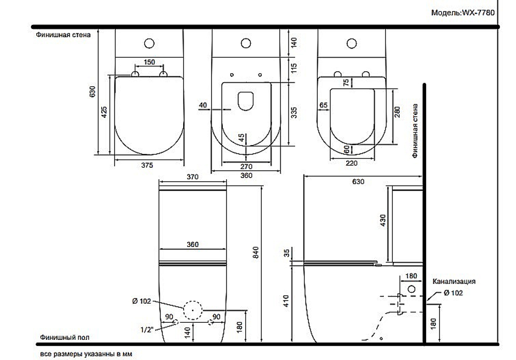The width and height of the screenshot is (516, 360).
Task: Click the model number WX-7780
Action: tap(478, 13)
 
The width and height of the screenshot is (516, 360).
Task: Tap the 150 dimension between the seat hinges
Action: tap(149, 62)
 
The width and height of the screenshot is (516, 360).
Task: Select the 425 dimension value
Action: tap(104, 112)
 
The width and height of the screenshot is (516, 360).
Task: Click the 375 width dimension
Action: tap(147, 165)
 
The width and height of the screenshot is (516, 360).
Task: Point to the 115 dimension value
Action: tap(294, 68)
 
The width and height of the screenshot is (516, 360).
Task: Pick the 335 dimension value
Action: tap(294, 112)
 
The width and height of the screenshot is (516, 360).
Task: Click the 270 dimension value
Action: tap(246, 167)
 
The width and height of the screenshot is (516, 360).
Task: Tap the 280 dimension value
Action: tap(397, 112)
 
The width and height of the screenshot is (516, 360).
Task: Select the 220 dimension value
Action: tap(351, 163)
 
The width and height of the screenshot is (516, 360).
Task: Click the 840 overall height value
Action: tap(256, 252)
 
